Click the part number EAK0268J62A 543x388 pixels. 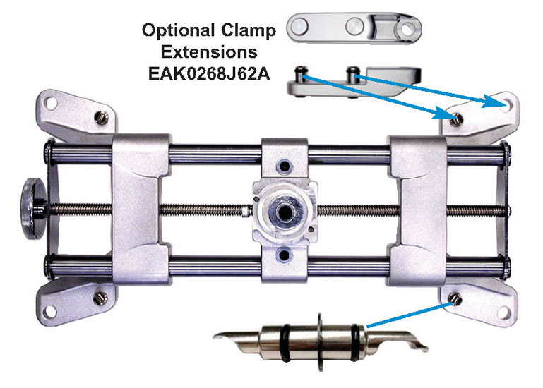(x=209, y=74)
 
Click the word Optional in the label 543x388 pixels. (x=178, y=30)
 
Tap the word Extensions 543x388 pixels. (x=209, y=52)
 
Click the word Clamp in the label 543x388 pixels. (x=249, y=31)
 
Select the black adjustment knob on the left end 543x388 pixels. (x=33, y=209)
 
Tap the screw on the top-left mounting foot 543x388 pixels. (x=101, y=118)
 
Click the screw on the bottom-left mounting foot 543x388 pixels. (x=100, y=298)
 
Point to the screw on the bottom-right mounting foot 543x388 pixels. (x=455, y=298)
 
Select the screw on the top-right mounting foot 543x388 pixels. (x=456, y=120)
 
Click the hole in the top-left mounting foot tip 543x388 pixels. (x=51, y=103)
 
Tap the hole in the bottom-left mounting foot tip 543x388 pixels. (x=51, y=312)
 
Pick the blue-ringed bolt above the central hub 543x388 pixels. (x=285, y=166)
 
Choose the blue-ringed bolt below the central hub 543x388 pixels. (x=284, y=255)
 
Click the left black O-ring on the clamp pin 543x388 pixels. (x=286, y=343)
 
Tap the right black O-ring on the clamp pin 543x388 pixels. (x=354, y=343)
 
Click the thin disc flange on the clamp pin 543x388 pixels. (x=321, y=343)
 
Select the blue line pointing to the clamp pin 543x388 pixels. (x=410, y=315)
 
